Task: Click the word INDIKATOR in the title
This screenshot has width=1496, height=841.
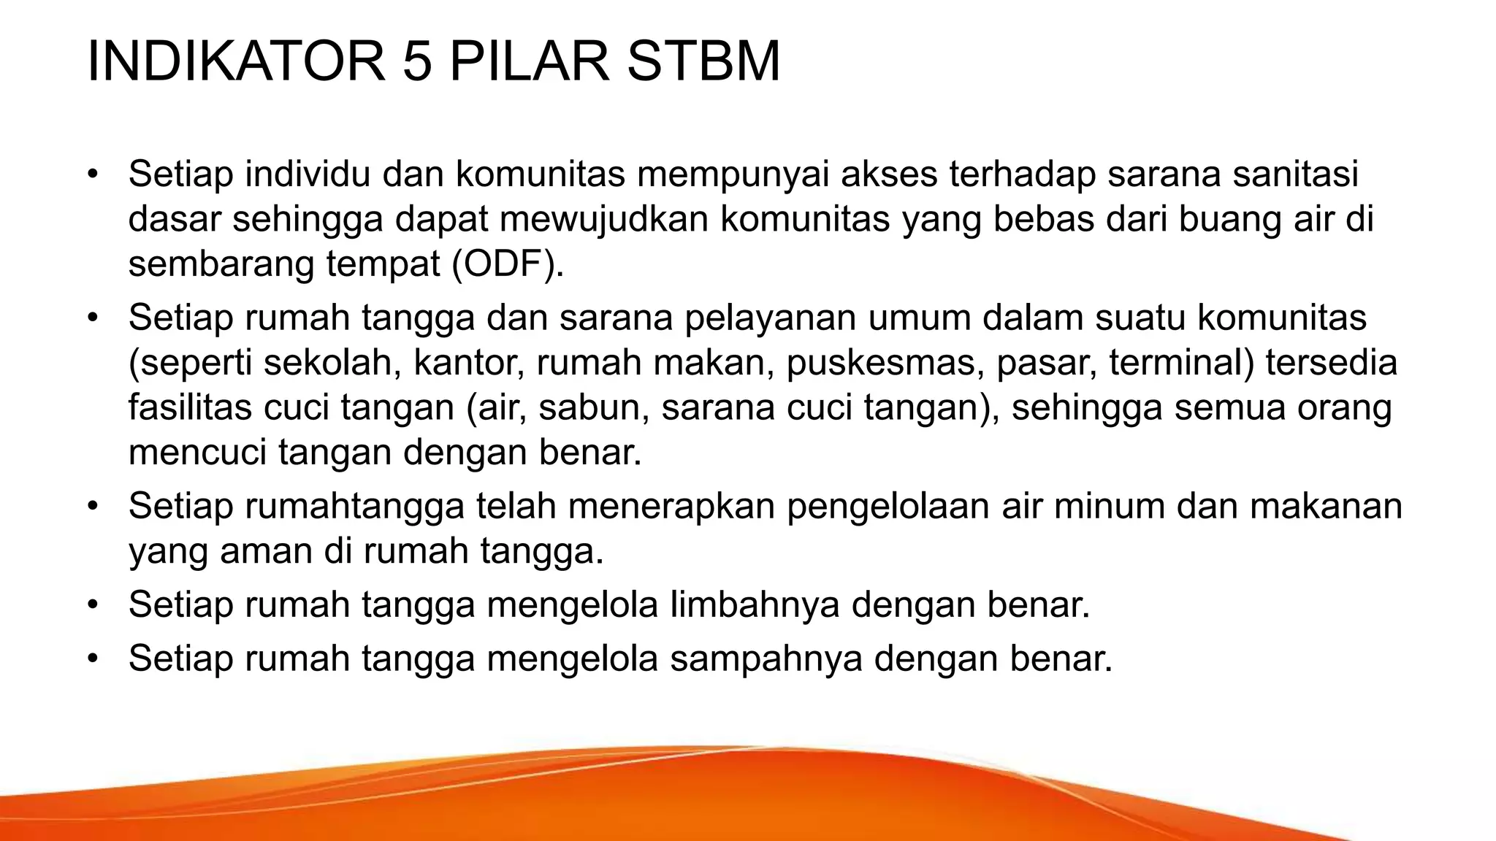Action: (x=236, y=61)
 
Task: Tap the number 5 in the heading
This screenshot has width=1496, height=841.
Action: (x=417, y=61)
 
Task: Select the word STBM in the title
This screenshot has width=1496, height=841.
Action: (x=703, y=61)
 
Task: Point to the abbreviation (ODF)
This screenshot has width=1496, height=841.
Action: (x=508, y=264)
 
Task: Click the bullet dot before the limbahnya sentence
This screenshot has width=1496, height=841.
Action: (x=92, y=605)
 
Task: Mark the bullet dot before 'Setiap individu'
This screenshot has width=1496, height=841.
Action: (x=92, y=174)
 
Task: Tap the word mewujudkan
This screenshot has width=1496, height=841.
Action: (x=606, y=219)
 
